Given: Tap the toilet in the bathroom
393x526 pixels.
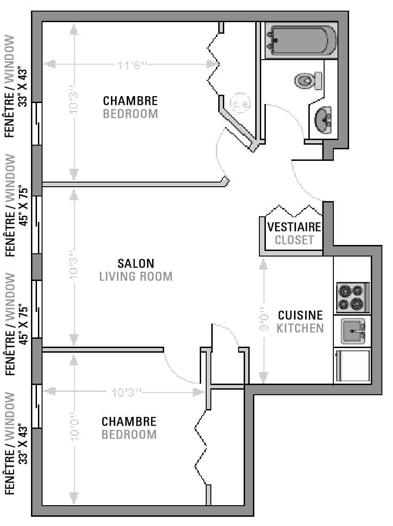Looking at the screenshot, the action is tap(308, 80).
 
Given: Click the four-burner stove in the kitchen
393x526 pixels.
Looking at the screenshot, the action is tap(352, 297).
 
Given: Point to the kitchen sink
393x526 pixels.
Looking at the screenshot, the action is tap(353, 331).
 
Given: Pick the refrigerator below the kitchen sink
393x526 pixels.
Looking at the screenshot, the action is tap(352, 365).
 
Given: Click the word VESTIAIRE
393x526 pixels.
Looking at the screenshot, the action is tap(295, 227).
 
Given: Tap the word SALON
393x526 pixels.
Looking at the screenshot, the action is tap(136, 263).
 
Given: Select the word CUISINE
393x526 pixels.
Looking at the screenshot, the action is tap(301, 315).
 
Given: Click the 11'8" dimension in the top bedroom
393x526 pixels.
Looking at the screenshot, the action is tap(132, 64).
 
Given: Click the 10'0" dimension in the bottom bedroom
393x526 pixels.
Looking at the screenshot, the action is tap(74, 430).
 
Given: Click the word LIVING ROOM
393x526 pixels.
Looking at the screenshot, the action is tap(136, 276).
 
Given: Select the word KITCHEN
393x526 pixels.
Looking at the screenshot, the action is tap(301, 328).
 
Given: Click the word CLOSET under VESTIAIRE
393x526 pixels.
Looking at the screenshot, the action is tap(295, 240).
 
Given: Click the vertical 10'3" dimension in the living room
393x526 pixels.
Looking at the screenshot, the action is tap(74, 269).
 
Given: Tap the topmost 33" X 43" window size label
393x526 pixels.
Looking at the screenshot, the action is tap(23, 86).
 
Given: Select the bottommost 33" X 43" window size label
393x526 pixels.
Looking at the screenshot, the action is tap(23, 444).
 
